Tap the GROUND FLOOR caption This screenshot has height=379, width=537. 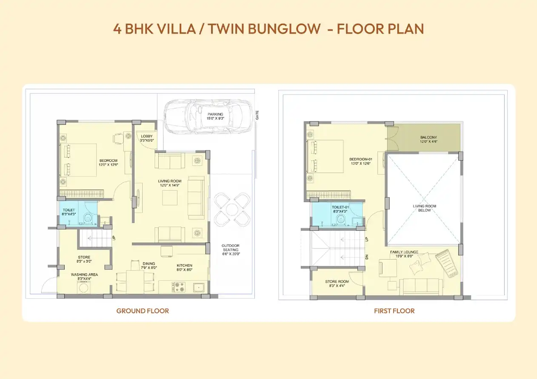(143, 311)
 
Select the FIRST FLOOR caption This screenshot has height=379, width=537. (394, 311)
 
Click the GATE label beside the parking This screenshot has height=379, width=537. (257, 115)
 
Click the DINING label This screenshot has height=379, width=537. (149, 263)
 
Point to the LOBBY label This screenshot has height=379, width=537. (146, 136)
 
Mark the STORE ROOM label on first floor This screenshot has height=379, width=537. (337, 282)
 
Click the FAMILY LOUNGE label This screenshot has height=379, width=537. (404, 252)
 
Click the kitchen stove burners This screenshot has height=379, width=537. (176, 287)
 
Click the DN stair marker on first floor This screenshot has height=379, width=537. (366, 257)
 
